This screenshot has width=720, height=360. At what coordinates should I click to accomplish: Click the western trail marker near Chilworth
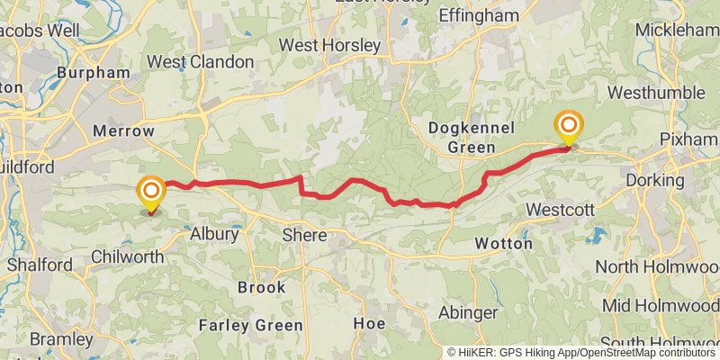150,192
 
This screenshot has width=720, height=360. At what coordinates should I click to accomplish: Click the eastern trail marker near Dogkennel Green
569,125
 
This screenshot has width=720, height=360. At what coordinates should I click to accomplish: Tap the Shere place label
305,234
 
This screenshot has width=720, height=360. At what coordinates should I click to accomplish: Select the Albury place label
214,234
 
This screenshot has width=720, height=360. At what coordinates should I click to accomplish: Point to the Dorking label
658,180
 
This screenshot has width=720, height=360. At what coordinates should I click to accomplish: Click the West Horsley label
329,45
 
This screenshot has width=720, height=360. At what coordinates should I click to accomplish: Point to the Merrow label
123,131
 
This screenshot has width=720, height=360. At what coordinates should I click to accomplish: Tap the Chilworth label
128,257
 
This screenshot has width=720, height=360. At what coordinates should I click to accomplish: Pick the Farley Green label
249,324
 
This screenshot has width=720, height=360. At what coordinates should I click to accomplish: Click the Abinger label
466,312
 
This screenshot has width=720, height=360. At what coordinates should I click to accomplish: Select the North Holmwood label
657,267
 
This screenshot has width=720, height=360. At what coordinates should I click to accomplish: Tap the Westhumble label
656,93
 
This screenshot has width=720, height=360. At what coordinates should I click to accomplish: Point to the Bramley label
61,339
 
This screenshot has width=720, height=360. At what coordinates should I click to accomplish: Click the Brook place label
262,288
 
